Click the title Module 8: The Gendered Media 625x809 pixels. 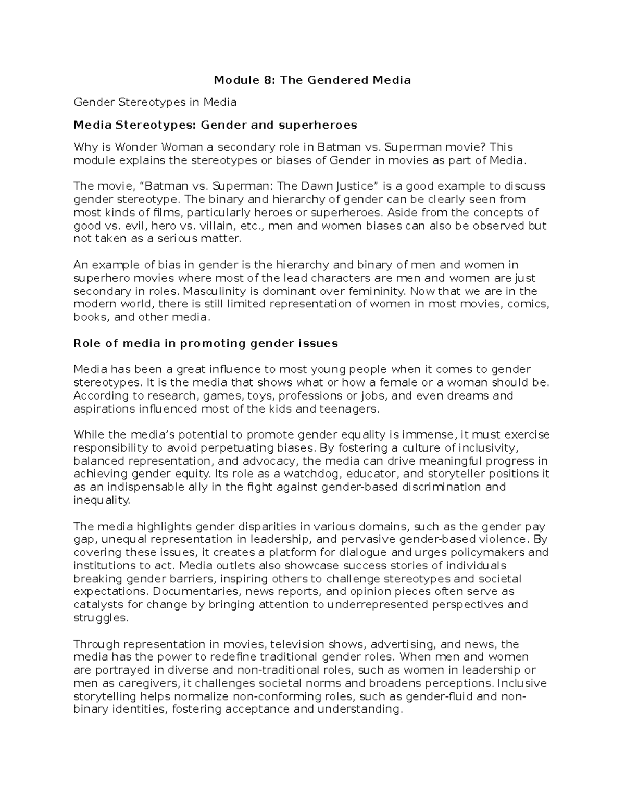click(312, 80)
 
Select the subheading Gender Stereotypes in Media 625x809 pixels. click(155, 102)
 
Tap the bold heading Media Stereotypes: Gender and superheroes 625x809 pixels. click(215, 125)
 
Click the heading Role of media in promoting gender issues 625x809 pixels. click(206, 343)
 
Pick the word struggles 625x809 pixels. click(100, 618)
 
